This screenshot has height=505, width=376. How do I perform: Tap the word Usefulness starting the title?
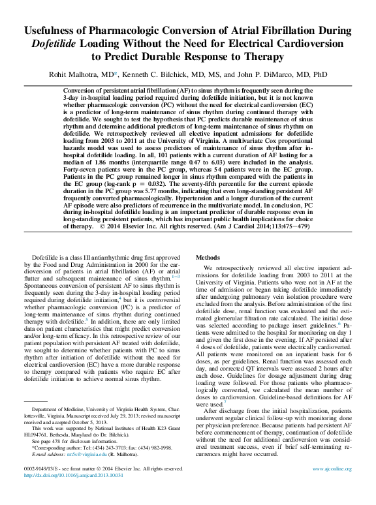(x=54, y=31)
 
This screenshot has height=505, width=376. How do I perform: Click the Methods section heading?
(x=210, y=258)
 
